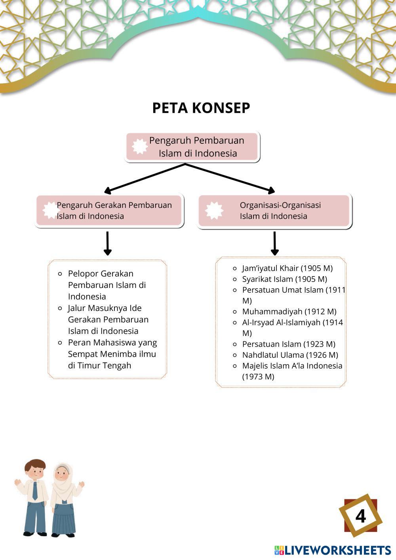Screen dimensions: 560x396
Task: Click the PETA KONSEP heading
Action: pos(201,108)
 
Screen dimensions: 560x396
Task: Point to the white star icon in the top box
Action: pos(139,147)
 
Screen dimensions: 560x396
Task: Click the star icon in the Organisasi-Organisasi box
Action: pos(214,210)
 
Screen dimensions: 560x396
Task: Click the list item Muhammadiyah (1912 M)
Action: pos(289,312)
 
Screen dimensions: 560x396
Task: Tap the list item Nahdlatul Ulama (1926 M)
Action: pos(290,355)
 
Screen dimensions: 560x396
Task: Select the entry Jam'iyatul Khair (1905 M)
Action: pos(287,268)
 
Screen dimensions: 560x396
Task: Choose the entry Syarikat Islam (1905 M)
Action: pos(284,279)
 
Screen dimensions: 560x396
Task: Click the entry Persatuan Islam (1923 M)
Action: pos(288,344)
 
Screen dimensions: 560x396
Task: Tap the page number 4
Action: pos(360,516)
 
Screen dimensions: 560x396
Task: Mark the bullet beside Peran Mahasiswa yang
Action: pos(60,343)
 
